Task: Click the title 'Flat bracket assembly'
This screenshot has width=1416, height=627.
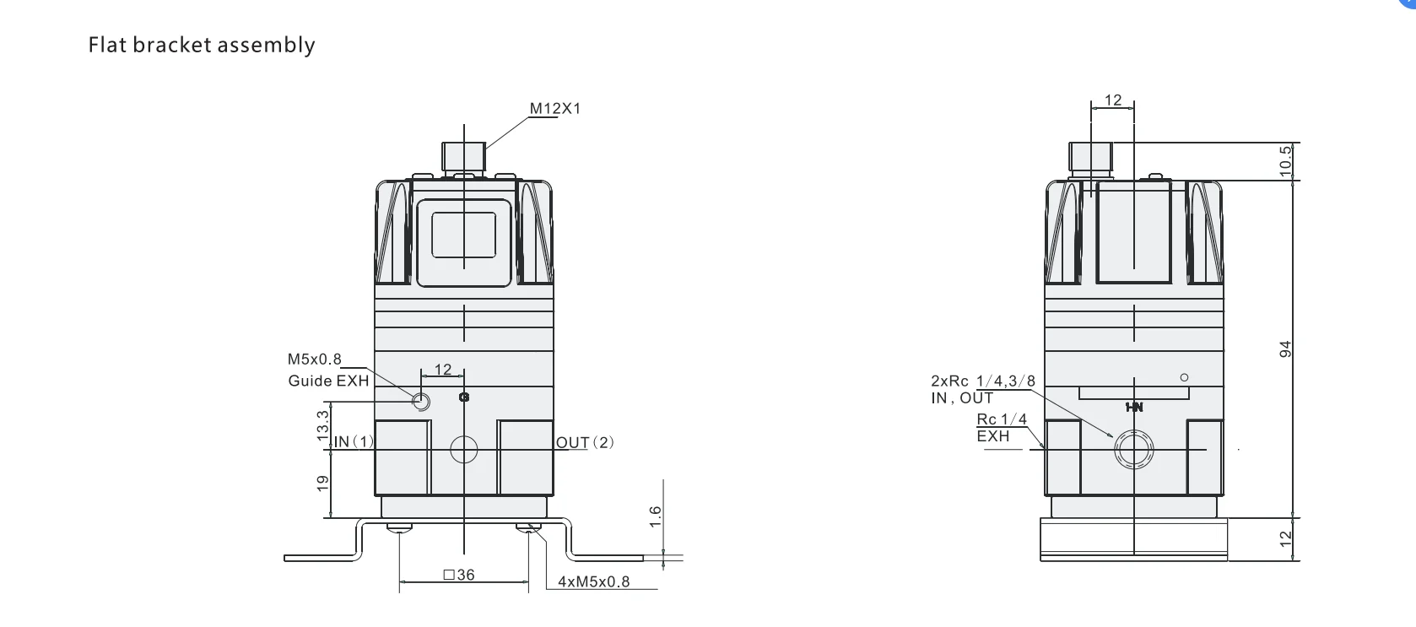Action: (x=201, y=45)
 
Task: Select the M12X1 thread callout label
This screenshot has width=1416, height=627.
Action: (x=555, y=108)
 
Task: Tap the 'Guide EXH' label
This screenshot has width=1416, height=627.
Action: (x=329, y=381)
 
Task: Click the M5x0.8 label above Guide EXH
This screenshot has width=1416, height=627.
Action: (x=314, y=359)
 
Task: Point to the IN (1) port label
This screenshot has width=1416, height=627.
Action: (x=354, y=442)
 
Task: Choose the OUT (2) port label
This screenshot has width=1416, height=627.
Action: (x=585, y=442)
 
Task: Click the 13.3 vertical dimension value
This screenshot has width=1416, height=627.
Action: (x=323, y=425)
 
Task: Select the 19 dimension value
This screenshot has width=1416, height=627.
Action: (x=323, y=484)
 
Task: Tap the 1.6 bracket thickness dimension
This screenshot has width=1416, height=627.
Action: (x=656, y=516)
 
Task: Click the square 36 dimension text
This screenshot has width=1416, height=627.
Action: (x=459, y=575)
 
